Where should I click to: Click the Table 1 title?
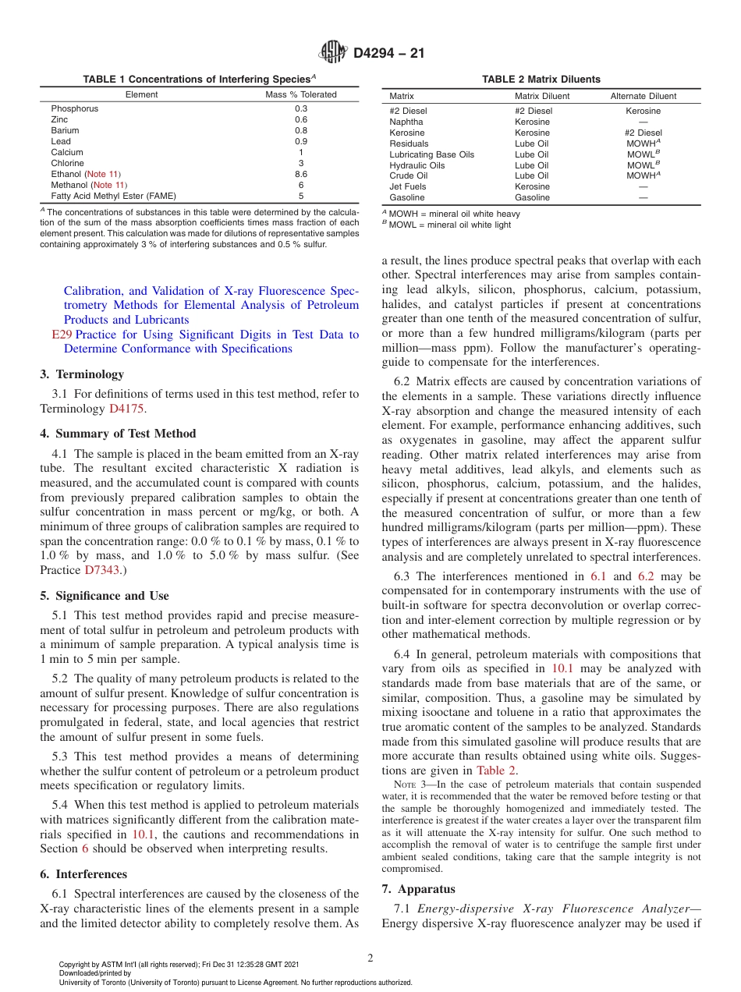point(199,79)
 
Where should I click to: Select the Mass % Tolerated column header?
point(301,94)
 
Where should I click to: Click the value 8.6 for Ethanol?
point(301,174)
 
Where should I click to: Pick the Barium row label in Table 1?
point(65,130)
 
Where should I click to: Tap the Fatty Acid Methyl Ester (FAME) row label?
point(113,196)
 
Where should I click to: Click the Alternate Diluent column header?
point(643,96)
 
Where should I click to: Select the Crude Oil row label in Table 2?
point(408,175)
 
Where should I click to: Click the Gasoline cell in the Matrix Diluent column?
point(532,197)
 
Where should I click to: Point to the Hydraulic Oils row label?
point(417,165)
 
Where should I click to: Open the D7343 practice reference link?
point(102,570)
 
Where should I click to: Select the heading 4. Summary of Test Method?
point(118,434)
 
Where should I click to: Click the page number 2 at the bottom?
point(370,958)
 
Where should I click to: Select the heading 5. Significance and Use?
point(105,596)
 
